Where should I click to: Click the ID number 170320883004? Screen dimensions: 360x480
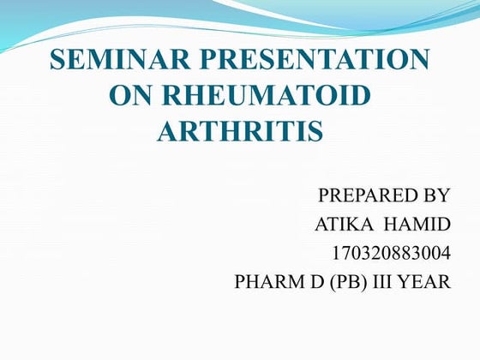389,254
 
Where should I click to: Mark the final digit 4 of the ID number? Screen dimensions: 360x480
443,254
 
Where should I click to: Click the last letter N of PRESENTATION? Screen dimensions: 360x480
417,61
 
